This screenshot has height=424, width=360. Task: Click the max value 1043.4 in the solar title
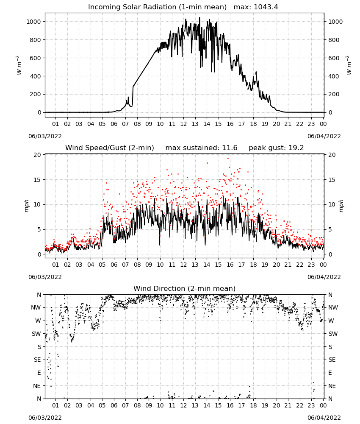(x=266, y=7)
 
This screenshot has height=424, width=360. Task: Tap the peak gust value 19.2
(x=296, y=148)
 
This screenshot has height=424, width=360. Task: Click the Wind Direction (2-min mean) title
(x=185, y=288)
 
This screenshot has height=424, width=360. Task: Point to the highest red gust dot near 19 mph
(x=228, y=159)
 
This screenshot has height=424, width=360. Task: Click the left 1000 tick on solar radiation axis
(x=33, y=22)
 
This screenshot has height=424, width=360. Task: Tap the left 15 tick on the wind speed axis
(x=37, y=180)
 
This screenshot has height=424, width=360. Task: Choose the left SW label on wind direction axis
(x=36, y=334)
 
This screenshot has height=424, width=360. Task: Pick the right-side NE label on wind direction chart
(x=332, y=386)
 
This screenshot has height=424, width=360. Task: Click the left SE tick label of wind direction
(x=38, y=360)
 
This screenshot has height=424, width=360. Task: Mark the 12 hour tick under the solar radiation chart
(x=184, y=124)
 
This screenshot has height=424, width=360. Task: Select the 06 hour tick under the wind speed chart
(x=114, y=265)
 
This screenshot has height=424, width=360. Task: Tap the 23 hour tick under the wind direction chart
(x=311, y=405)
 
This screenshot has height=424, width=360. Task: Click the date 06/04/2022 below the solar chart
(x=324, y=136)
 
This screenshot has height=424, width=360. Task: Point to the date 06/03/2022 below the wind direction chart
(x=45, y=418)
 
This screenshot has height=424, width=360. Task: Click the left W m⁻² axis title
(x=19, y=65)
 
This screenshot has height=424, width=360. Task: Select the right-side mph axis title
(x=341, y=206)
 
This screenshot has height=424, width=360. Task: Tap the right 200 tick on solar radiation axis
(x=334, y=95)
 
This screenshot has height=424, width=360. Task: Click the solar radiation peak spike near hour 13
(x=199, y=18)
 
